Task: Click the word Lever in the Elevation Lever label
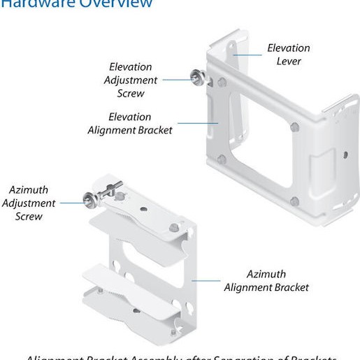coord(288,62)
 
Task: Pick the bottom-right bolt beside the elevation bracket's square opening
coord(294,201)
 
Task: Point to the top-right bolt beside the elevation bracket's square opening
coord(294,127)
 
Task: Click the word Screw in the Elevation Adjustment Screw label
coord(131,93)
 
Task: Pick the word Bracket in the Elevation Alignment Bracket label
coord(152,129)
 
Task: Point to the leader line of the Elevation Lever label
coord(247,55)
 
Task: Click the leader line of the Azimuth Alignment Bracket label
coord(207,280)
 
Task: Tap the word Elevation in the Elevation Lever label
coord(288,48)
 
